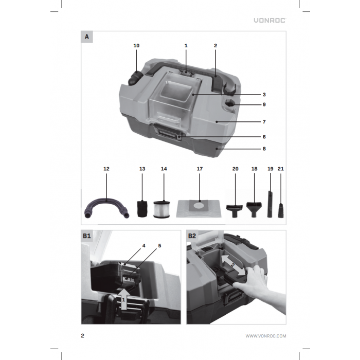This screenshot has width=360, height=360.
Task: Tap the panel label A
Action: click(x=87, y=37)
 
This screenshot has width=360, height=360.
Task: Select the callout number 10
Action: click(x=136, y=46)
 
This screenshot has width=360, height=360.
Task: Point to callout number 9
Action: click(x=264, y=104)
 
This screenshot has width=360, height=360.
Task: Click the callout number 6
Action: click(x=264, y=137)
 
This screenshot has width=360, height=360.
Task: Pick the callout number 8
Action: click(x=264, y=149)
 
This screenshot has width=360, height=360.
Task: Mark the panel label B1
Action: click(x=87, y=236)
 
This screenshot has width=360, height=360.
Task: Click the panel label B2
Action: click(x=192, y=236)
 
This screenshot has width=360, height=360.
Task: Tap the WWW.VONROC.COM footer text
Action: click(x=265, y=336)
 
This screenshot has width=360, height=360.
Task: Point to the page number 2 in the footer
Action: click(x=83, y=336)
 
